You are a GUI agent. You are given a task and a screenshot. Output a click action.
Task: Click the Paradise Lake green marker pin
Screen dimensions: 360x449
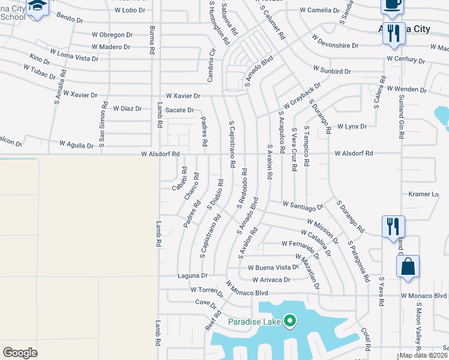coord(290,321)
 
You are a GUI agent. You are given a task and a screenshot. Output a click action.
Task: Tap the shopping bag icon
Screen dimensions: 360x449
coord(408,267)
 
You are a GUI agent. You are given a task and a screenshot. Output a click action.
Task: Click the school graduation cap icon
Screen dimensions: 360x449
coord(37,7)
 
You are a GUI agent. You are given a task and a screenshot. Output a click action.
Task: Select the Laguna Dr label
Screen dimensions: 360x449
coord(193,276)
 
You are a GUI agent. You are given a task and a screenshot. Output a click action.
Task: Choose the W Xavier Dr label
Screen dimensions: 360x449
coord(183,96)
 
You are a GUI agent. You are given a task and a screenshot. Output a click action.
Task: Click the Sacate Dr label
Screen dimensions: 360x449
coord(180,110)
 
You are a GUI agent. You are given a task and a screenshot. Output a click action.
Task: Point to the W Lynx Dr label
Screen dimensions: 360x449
coord(352,127)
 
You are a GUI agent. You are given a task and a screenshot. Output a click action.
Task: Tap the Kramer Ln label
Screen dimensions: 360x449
coord(424,194)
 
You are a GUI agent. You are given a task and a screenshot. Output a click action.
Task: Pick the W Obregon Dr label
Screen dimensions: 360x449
coord(113,35)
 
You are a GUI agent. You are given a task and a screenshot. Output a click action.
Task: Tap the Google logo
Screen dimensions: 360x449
coord(20,353)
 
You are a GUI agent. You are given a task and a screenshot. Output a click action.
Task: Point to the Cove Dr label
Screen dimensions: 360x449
coord(202,303)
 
